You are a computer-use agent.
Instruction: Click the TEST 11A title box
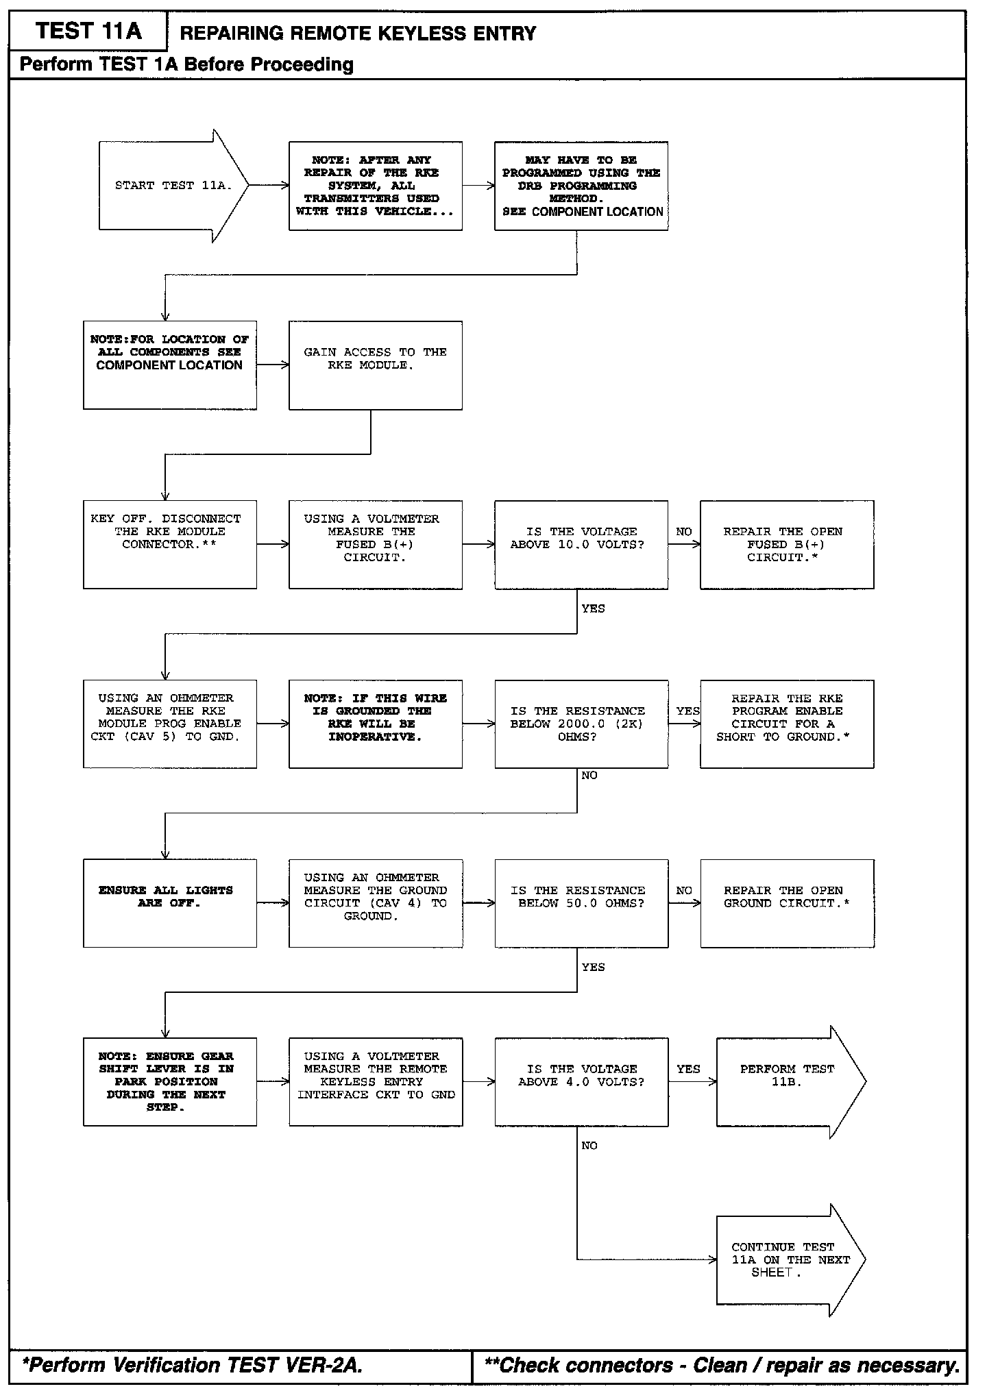coord(88,32)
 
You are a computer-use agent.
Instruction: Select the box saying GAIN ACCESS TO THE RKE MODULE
coord(375,365)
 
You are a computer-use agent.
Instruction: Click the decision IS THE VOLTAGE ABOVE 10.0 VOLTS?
coord(581,545)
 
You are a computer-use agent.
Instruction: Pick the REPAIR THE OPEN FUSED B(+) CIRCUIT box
coord(786,545)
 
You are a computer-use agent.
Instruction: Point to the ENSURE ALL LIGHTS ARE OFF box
coord(169,903)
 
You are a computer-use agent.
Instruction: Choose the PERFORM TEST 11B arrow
coord(786,1082)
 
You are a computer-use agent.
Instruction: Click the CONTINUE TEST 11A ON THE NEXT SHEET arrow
coord(786,1260)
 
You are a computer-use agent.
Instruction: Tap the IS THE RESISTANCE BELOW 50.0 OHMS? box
coord(581,903)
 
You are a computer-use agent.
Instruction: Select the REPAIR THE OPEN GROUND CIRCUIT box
coord(786,903)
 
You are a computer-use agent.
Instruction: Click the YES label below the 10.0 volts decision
coord(593,608)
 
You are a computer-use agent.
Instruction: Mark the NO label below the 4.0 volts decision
coord(589,1146)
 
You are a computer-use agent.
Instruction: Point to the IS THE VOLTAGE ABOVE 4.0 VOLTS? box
coord(581,1082)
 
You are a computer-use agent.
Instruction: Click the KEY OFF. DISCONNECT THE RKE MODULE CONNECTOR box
coord(169,545)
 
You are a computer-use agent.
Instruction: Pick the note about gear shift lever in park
coord(169,1082)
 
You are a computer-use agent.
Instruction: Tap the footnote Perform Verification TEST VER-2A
coord(192,1365)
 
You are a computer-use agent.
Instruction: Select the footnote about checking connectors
coord(721,1365)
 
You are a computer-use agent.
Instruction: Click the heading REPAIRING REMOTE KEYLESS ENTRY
coord(358,34)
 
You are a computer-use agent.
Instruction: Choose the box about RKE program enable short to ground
coord(786,724)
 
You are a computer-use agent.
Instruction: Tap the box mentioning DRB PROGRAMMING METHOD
coord(581,186)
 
